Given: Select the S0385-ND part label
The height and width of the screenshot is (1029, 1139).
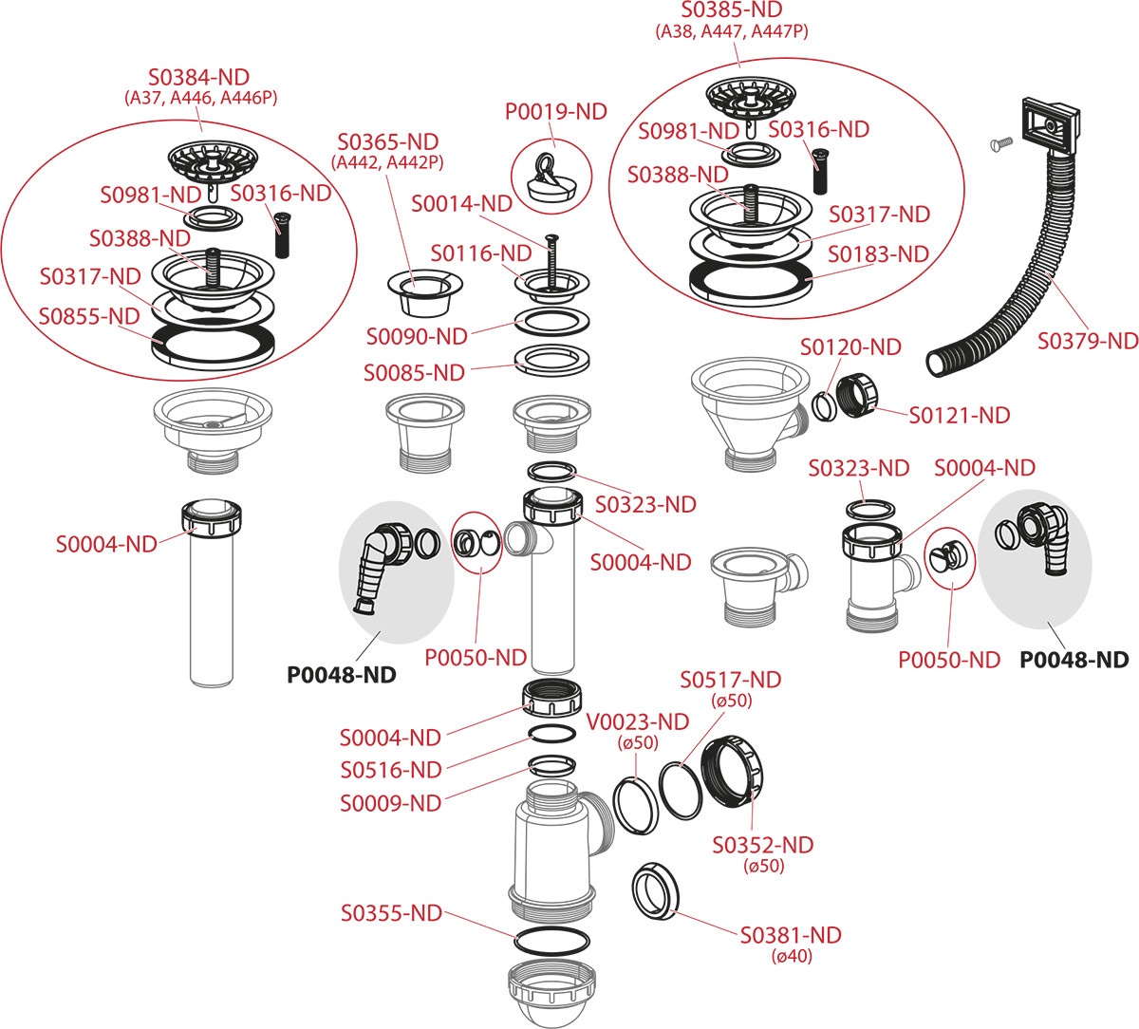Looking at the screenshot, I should [x=732, y=10].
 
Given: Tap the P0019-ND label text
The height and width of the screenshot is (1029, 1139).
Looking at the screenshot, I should [x=555, y=112].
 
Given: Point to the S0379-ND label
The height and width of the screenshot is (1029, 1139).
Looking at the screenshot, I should [x=1087, y=340].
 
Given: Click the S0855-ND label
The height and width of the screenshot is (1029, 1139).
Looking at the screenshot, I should [x=89, y=316].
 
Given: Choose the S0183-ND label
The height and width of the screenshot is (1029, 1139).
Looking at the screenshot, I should [x=878, y=254].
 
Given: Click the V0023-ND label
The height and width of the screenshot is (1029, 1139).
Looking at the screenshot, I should [x=638, y=722].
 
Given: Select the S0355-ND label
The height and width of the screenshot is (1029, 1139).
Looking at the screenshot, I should [x=391, y=913].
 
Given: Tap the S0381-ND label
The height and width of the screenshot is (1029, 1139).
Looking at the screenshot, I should [x=791, y=935].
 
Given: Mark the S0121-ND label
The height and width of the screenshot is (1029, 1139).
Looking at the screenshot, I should [x=960, y=415].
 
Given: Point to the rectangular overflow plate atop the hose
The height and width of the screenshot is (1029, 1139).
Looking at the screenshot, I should [x=1048, y=121].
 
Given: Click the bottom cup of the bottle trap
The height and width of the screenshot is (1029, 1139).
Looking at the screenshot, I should [x=551, y=992].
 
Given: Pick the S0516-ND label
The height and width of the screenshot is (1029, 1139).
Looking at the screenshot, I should [x=391, y=769].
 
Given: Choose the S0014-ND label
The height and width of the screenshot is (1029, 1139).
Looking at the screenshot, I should [x=461, y=203].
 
